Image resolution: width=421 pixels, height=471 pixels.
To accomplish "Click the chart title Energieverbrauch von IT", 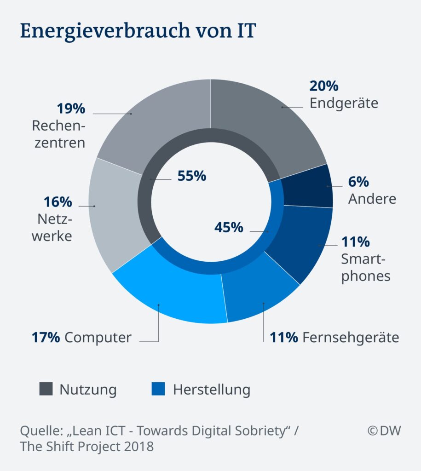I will click(x=137, y=32).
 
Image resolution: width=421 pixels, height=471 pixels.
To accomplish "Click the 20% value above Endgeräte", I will click(x=324, y=86).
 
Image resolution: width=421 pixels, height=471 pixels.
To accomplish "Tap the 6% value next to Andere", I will click(x=358, y=182).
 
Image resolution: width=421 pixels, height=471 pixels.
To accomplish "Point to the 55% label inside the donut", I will click(x=191, y=176).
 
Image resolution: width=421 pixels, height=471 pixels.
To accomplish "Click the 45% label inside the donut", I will click(x=229, y=227).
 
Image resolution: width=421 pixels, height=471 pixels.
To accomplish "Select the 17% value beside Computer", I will click(x=46, y=338).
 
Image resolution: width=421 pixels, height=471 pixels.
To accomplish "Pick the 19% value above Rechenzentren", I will click(x=71, y=109).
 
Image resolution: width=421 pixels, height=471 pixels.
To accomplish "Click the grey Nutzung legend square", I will click(x=46, y=390).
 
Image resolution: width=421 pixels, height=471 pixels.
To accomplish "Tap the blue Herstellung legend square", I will click(x=158, y=390).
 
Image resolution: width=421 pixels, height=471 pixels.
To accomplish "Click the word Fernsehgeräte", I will click(x=351, y=338).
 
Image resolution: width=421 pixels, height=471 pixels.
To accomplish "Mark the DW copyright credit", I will click(x=384, y=431).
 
